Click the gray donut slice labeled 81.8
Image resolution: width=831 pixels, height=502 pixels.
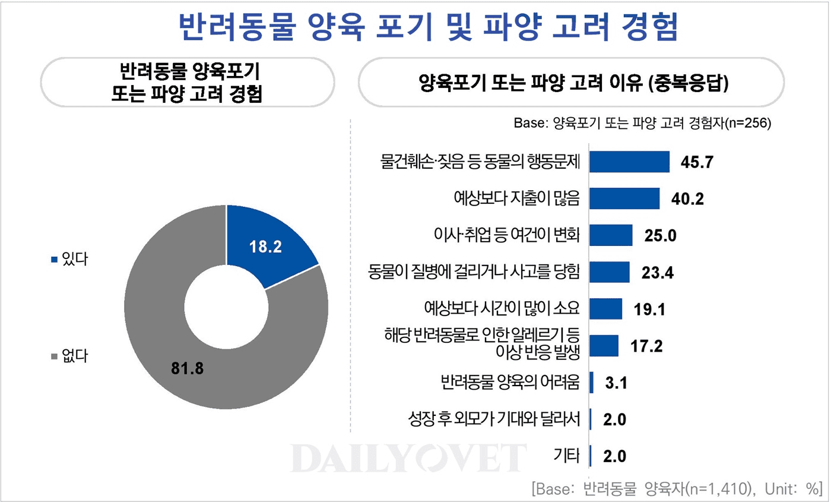click(178, 356)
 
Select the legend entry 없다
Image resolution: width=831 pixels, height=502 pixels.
click(69, 356)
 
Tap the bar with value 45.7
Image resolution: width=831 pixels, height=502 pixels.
click(629, 162)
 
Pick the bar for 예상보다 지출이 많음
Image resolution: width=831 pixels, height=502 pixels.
click(624, 198)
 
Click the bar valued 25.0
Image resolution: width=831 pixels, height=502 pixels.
click(611, 235)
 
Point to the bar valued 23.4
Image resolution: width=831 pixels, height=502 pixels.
click(609, 272)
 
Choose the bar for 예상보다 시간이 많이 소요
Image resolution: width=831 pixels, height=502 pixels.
click(605, 309)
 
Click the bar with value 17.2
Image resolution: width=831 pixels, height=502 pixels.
click(604, 345)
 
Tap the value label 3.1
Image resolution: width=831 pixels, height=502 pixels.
click(615, 383)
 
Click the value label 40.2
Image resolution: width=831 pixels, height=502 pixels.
click(687, 199)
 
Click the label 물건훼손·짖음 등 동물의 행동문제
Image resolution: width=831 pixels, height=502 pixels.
click(480, 162)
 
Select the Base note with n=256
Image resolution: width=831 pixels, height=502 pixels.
click(642, 124)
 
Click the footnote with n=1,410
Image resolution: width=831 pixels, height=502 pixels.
click(677, 489)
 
